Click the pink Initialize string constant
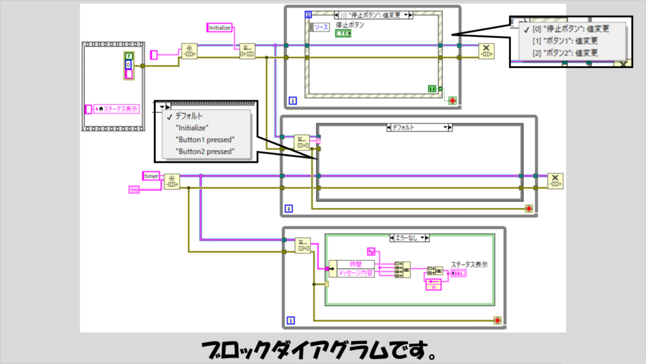(x=220, y=28)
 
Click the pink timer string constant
(x=151, y=176)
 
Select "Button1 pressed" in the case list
(x=206, y=139)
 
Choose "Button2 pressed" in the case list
(x=206, y=151)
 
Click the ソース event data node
(x=321, y=27)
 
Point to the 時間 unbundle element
(x=355, y=264)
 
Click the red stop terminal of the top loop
(x=452, y=100)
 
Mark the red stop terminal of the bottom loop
(x=498, y=320)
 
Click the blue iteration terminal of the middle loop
(x=288, y=209)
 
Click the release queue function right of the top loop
(x=486, y=50)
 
